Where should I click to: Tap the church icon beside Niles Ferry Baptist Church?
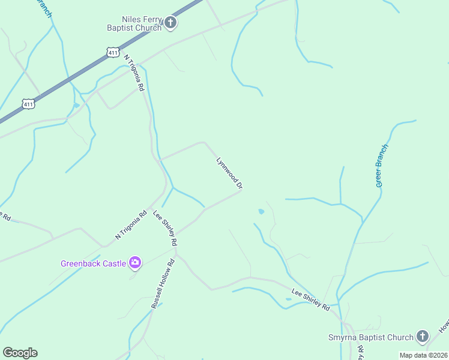(170, 23)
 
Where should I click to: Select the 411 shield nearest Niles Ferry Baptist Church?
(113, 53)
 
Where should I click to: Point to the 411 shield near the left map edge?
(28, 104)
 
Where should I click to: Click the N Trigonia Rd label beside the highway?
(134, 73)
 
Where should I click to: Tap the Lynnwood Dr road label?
(229, 173)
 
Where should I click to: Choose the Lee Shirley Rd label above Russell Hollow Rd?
(165, 228)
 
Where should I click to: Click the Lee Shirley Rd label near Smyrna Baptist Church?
(310, 299)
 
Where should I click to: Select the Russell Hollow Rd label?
(162, 283)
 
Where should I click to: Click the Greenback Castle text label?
(93, 263)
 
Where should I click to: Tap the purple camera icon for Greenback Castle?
(135, 262)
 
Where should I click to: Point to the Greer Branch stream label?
(382, 166)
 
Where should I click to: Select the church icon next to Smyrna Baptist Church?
(423, 337)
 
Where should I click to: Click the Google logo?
(20, 353)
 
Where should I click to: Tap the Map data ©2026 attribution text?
(423, 355)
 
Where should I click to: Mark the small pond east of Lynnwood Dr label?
(261, 212)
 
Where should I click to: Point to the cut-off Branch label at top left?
(44, 8)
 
